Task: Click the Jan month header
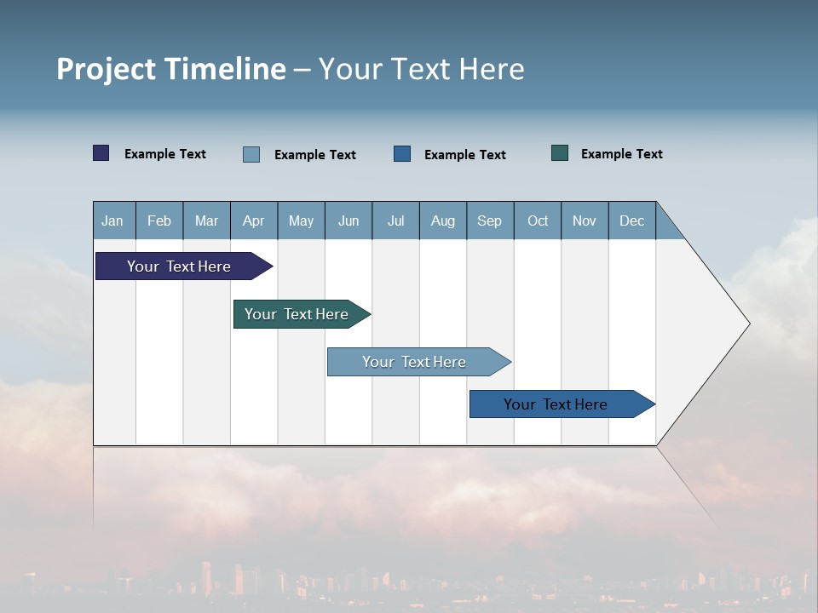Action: (112, 221)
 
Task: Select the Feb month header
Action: (159, 221)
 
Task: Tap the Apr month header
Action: (253, 221)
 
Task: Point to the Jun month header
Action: (349, 221)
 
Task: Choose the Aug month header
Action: (442, 221)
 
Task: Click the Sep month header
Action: (489, 221)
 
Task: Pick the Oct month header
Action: (538, 221)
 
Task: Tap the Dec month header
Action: (631, 221)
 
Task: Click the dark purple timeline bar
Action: (180, 266)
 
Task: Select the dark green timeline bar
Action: (297, 314)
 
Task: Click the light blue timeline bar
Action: (415, 362)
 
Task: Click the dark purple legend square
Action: (101, 153)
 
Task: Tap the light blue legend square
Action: (251, 154)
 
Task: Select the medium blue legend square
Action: (402, 154)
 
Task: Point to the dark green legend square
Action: (560, 153)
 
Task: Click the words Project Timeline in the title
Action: (171, 69)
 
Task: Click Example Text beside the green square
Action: (621, 154)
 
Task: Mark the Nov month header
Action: (585, 221)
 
